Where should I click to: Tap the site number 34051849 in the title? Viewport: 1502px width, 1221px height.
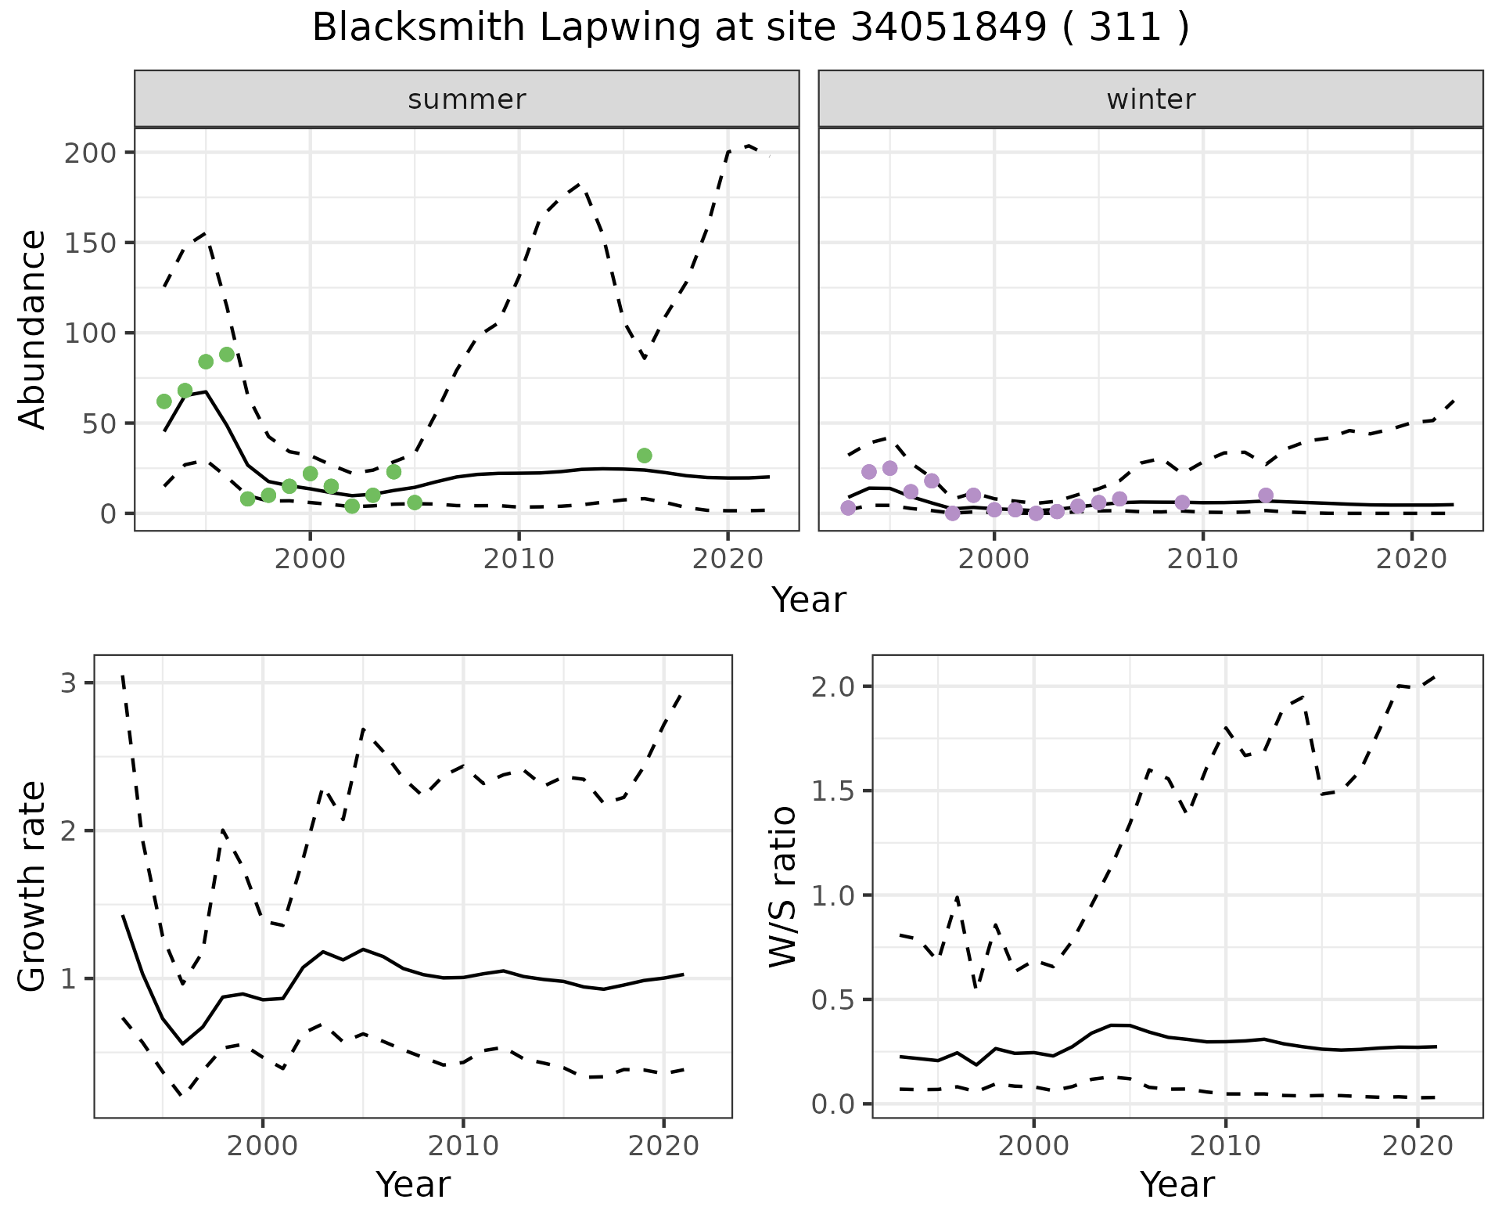click(x=947, y=28)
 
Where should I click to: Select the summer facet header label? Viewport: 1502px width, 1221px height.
click(x=467, y=99)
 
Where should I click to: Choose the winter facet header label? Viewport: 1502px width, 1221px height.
click(x=1151, y=99)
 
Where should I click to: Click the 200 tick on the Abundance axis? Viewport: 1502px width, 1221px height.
click(x=90, y=152)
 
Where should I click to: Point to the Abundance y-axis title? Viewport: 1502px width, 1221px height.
click(x=33, y=330)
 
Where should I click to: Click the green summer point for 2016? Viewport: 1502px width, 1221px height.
click(x=645, y=456)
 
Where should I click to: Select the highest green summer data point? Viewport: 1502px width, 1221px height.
click(x=227, y=355)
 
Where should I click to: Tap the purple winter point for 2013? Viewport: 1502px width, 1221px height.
click(x=1266, y=495)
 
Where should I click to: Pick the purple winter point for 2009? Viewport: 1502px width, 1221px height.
click(x=1182, y=502)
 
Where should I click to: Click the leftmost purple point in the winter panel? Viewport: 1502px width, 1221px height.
click(x=848, y=508)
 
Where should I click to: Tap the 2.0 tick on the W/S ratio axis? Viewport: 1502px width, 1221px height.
click(x=836, y=686)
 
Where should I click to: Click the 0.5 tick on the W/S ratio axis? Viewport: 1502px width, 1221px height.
click(x=836, y=999)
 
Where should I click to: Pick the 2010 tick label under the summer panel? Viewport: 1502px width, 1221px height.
click(x=519, y=559)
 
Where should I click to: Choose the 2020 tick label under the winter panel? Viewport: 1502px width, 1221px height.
click(x=1411, y=559)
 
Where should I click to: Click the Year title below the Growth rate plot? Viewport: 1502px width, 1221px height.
click(x=413, y=1184)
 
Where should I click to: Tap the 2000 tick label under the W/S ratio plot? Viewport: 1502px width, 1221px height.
click(x=1034, y=1147)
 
